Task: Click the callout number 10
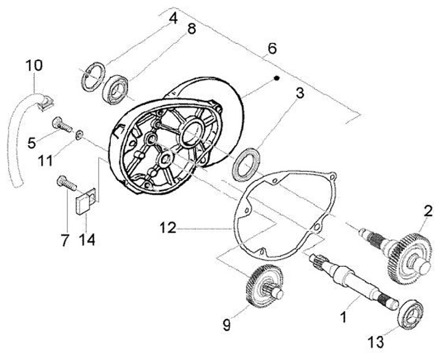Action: [x=34, y=65]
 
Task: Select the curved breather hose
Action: [x=17, y=132]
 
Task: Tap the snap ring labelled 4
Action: [x=93, y=77]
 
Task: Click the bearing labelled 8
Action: [x=115, y=89]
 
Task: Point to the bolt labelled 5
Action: [x=61, y=125]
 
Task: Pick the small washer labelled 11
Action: [x=79, y=134]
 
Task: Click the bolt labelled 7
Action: [x=66, y=182]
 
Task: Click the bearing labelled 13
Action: [x=412, y=314]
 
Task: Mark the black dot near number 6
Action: [x=276, y=78]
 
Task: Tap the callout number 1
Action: [x=343, y=318]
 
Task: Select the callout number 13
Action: [x=376, y=342]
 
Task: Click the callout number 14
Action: [x=86, y=240]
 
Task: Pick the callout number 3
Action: [x=300, y=93]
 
